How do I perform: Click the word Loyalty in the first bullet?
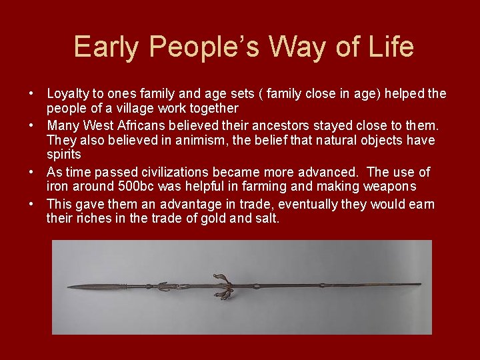pos(67,94)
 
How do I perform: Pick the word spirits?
pos(63,154)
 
